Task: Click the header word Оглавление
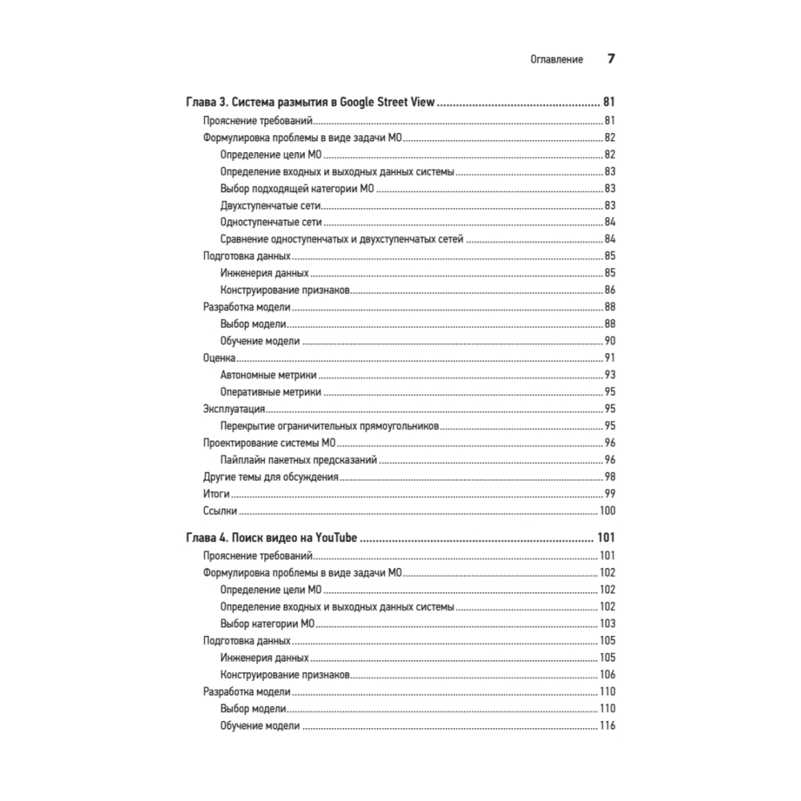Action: click(x=557, y=59)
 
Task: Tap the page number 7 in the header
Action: click(x=610, y=59)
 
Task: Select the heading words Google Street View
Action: click(x=386, y=103)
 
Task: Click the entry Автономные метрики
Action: click(x=268, y=375)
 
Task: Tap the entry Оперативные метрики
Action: click(x=271, y=392)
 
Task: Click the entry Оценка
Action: click(x=219, y=357)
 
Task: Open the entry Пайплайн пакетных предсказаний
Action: click(x=298, y=461)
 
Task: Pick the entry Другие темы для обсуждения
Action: click(x=271, y=477)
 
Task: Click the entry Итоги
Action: click(x=216, y=494)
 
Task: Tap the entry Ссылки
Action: click(x=219, y=511)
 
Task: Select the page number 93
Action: click(x=609, y=375)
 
